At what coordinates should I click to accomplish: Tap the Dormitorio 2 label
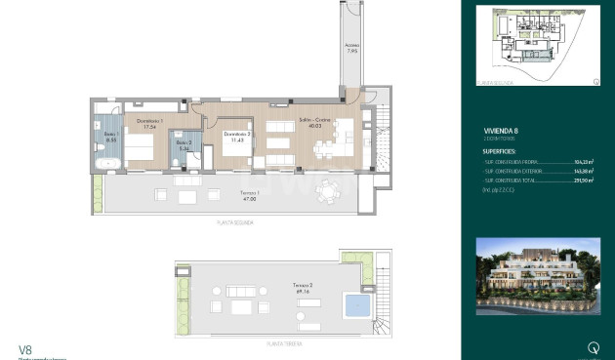237,137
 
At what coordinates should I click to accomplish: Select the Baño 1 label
110,140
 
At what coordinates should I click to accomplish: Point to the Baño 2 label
183,146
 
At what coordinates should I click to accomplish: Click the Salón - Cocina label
312,122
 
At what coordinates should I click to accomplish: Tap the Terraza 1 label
250,195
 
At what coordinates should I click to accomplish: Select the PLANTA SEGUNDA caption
234,223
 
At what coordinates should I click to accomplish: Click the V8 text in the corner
26,347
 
